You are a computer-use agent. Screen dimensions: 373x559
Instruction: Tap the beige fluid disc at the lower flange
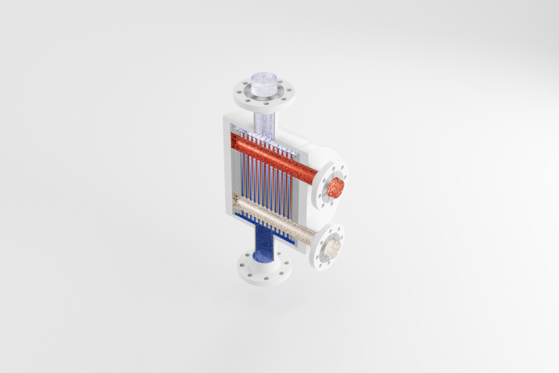[331, 249]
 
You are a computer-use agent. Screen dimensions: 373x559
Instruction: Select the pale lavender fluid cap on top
[264, 82]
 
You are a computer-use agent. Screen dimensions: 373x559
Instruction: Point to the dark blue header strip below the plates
[257, 219]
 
